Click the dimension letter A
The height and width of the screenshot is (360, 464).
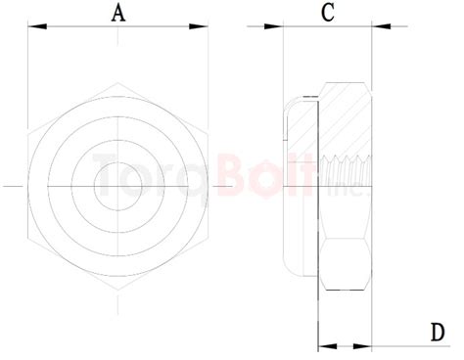pyautogui.click(x=118, y=13)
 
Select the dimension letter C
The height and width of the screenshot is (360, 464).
pyautogui.click(x=328, y=13)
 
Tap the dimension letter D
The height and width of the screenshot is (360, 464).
pyautogui.click(x=437, y=332)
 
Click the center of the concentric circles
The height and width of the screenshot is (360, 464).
pyautogui.click(x=118, y=184)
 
